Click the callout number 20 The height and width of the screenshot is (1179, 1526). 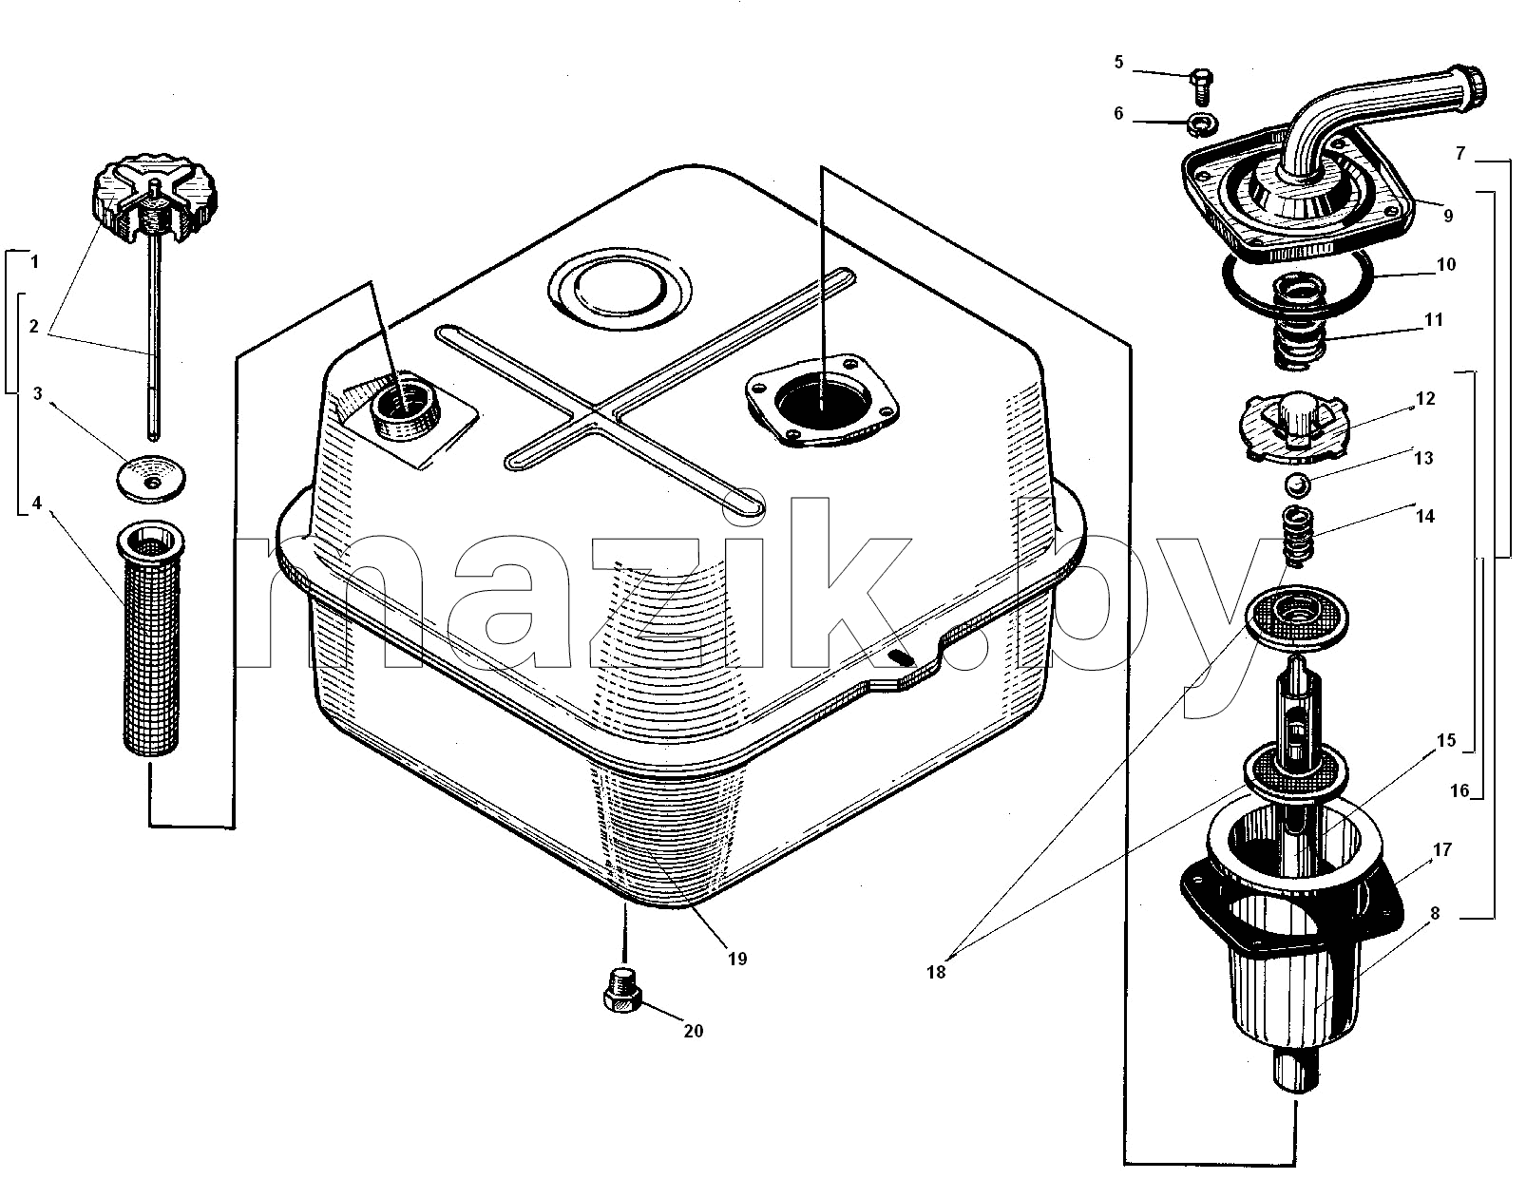(x=693, y=1032)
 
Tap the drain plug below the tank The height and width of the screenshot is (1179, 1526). (x=621, y=992)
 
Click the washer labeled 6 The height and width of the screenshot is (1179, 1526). (x=1202, y=125)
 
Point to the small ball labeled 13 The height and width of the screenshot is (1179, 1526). (x=1296, y=484)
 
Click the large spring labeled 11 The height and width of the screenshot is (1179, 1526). (x=1299, y=322)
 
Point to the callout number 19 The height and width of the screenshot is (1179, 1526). (x=737, y=959)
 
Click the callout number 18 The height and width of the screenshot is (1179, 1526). (x=936, y=972)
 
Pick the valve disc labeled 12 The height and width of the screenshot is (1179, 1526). (x=1293, y=427)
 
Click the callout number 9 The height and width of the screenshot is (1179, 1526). (x=1448, y=217)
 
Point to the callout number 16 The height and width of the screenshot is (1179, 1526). (x=1459, y=790)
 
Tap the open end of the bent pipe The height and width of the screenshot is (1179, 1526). (x=1475, y=90)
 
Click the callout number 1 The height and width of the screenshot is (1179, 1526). (x=34, y=262)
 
